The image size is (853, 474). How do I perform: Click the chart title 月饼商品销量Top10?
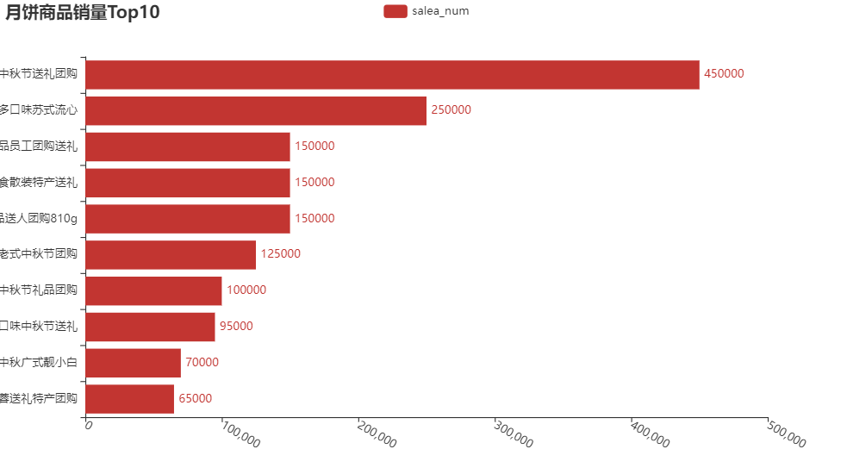82,12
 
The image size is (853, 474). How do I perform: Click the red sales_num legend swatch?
395,10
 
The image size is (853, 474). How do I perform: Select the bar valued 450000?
392,74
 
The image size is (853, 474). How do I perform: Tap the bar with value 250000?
256,110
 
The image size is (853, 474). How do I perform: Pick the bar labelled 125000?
171,254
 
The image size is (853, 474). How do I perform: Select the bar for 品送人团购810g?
188,218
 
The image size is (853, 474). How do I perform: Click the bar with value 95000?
151,327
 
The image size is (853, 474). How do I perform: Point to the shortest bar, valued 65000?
130,398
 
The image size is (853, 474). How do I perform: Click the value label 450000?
724,74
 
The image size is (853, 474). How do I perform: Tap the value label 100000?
246,290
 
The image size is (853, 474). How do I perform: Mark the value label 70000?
202,363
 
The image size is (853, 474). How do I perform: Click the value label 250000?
451,110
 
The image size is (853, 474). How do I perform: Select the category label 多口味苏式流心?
39,110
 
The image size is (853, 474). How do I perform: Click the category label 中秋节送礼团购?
39,74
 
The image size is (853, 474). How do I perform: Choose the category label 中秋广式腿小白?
39,362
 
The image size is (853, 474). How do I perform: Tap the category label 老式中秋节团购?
39,254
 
